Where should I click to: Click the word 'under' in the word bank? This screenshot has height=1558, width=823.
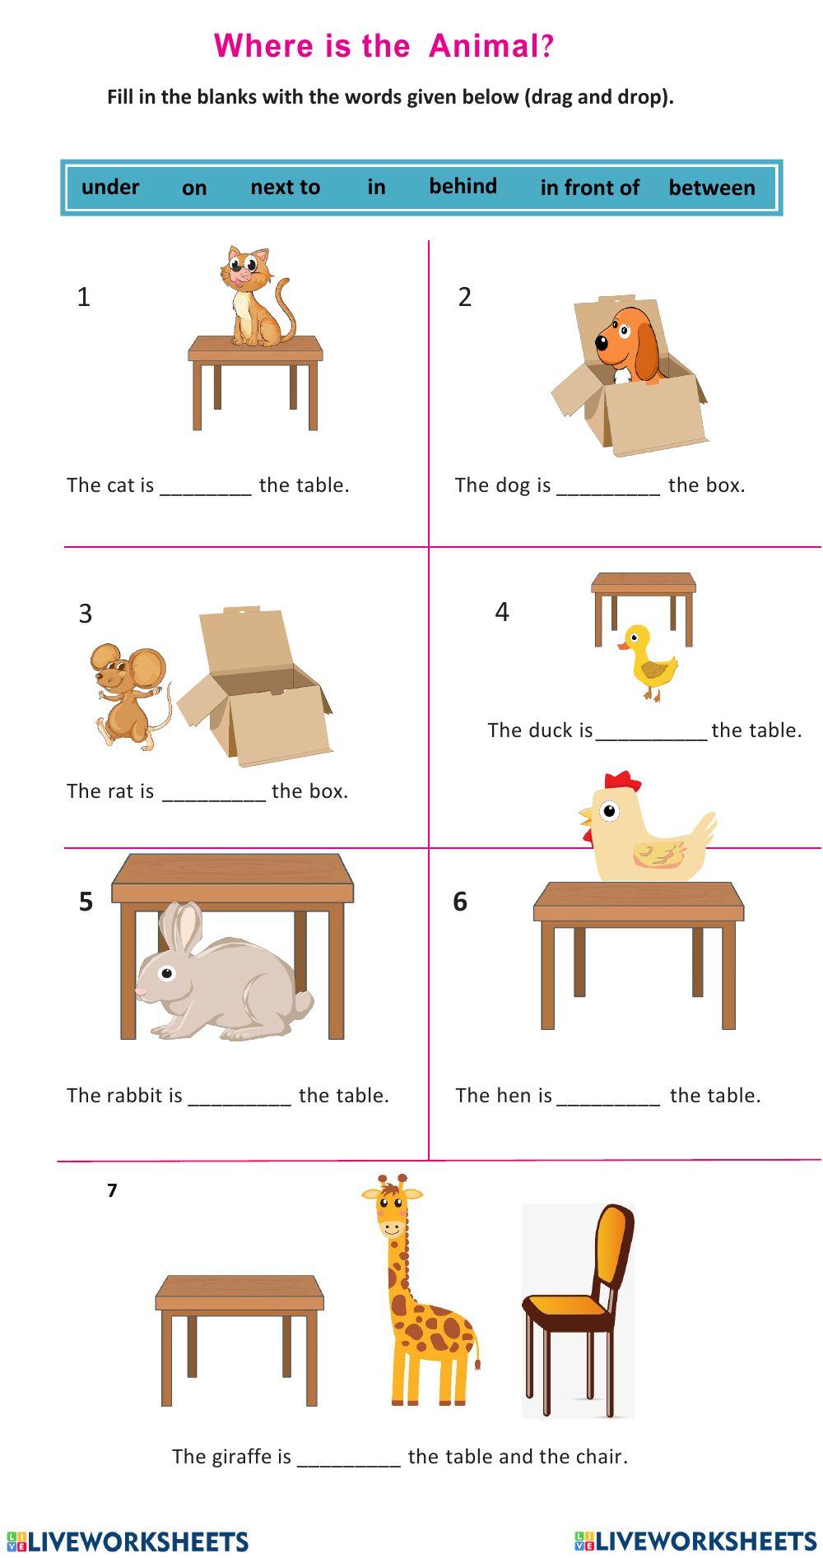[110, 187]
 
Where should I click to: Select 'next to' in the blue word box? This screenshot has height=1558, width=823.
[285, 188]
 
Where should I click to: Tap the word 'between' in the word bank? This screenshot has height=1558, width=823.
[711, 188]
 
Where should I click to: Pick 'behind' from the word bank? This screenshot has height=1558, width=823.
[463, 186]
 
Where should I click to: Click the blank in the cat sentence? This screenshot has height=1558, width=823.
[205, 486]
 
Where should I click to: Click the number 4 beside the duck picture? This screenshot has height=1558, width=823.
[502, 612]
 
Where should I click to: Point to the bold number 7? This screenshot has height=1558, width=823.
[112, 1190]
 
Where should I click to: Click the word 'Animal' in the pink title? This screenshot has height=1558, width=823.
[483, 46]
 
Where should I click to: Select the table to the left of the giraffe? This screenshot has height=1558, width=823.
[239, 1337]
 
